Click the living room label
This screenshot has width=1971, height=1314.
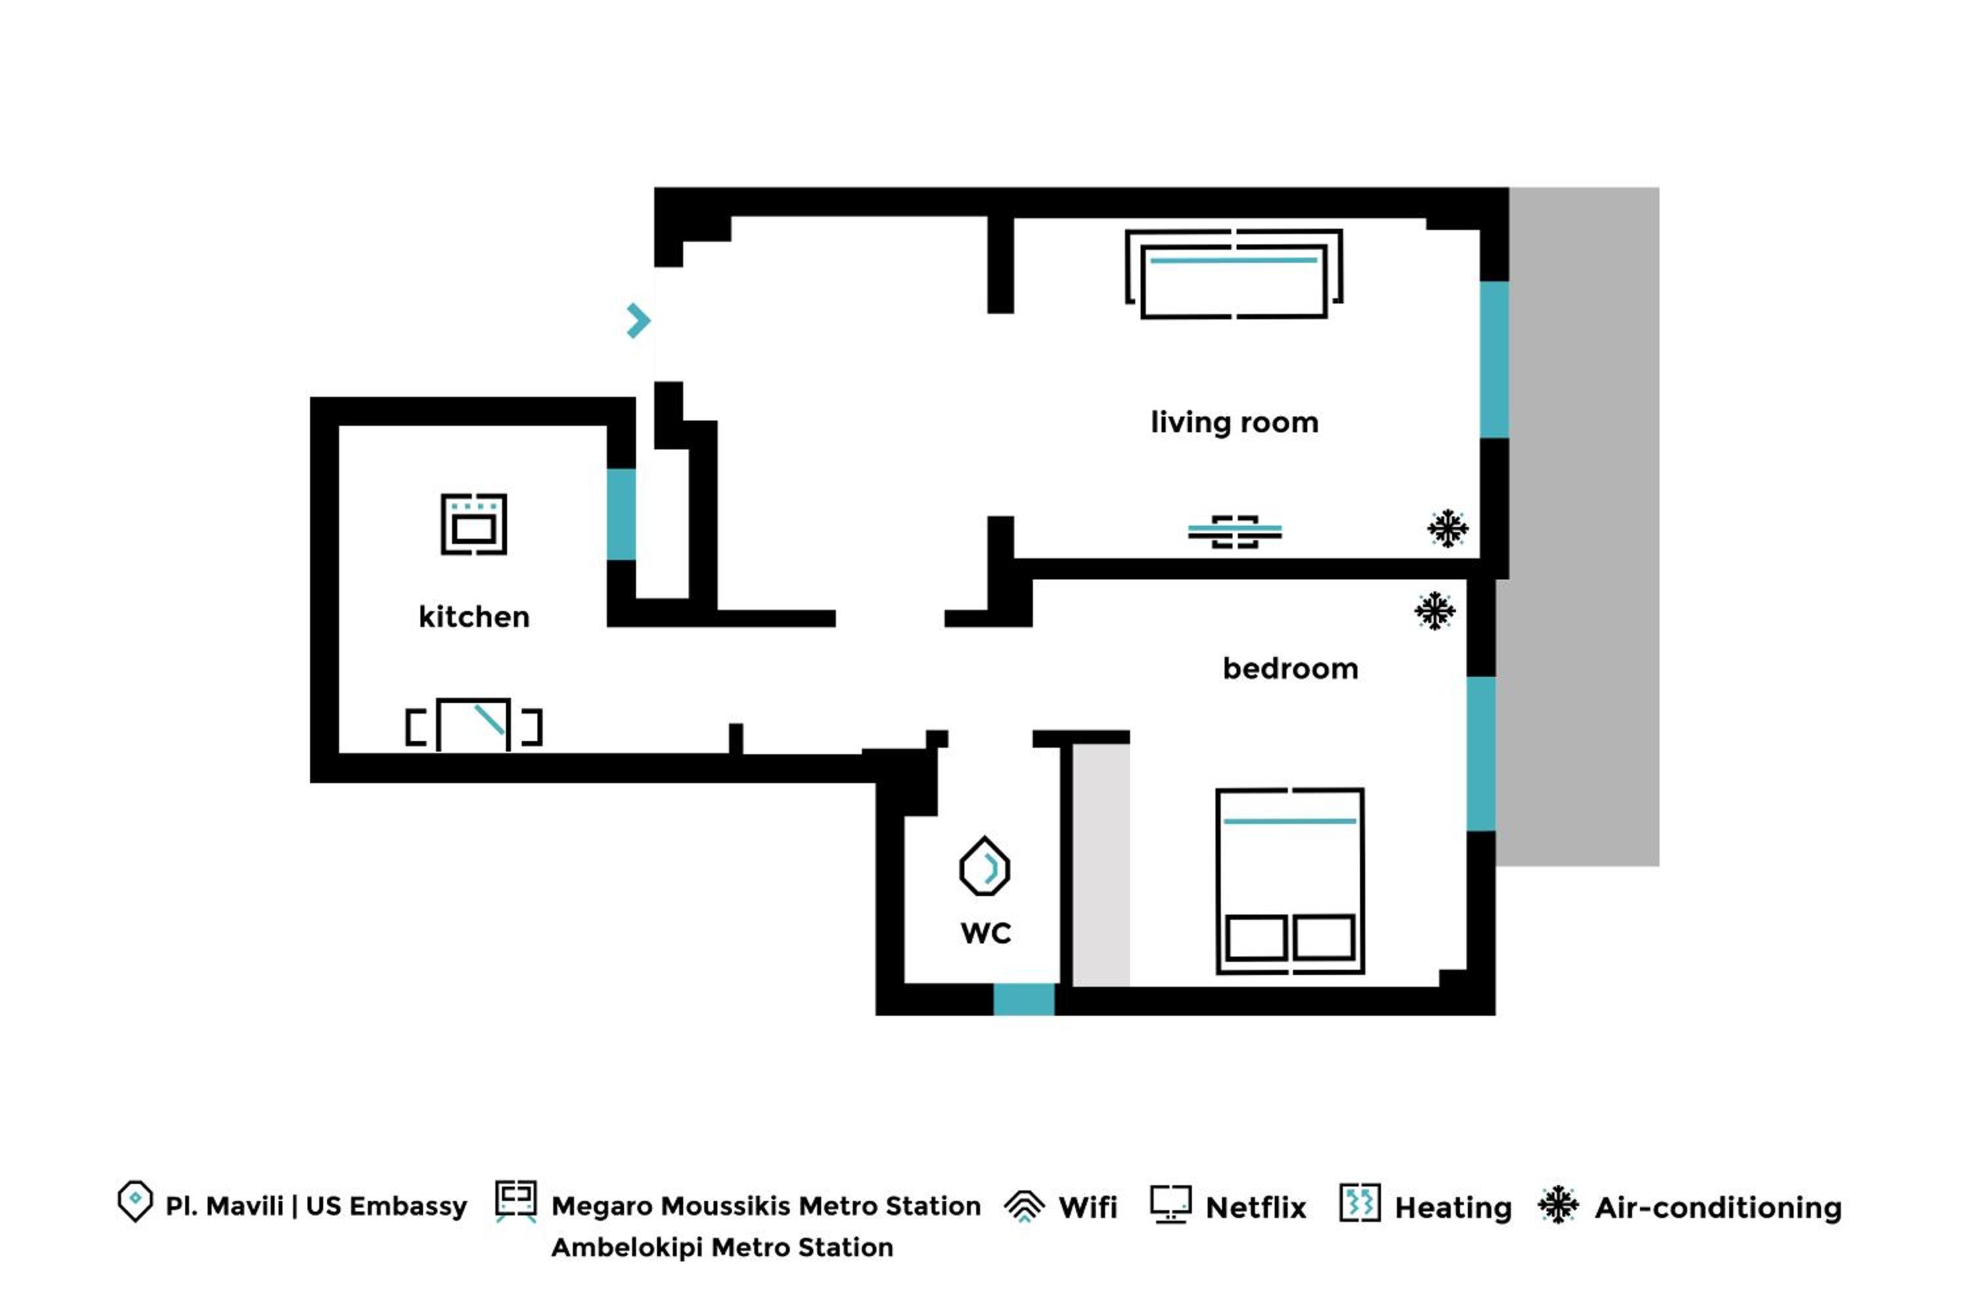click(x=1234, y=423)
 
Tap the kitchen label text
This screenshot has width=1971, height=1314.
click(x=474, y=617)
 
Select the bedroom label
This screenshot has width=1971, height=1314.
click(x=1290, y=669)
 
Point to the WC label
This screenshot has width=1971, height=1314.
click(x=985, y=934)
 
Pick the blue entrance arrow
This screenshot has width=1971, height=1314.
click(x=639, y=320)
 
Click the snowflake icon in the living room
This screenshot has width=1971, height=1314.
click(x=1447, y=528)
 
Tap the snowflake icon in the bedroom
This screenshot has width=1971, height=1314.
click(x=1435, y=611)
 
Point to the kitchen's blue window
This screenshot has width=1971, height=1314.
click(x=621, y=514)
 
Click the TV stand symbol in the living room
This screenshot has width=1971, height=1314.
click(x=1235, y=532)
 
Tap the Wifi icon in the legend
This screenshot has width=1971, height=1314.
click(x=1024, y=1206)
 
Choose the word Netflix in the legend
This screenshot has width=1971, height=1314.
click(x=1256, y=1208)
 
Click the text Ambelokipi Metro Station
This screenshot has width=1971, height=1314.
click(x=721, y=1248)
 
